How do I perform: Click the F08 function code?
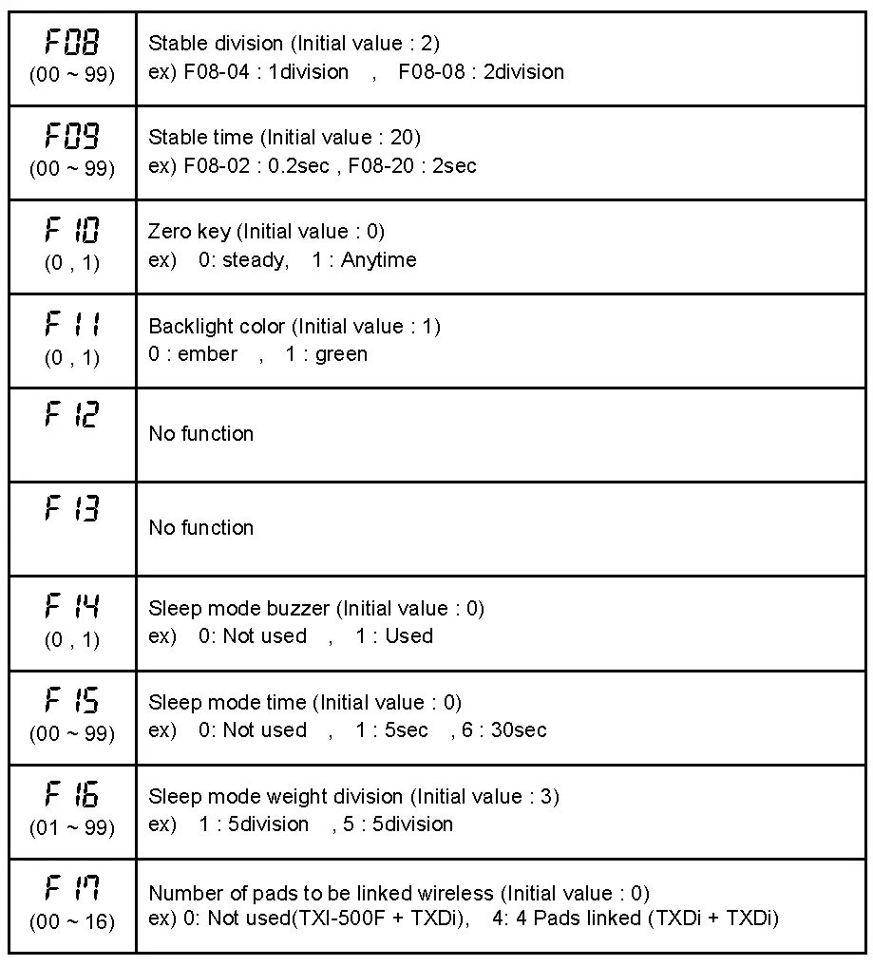[71, 43]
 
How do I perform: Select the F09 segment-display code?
[71, 137]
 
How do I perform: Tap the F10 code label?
[71, 231]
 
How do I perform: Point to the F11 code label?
[71, 325]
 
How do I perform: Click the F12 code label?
[71, 415]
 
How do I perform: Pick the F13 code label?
[71, 509]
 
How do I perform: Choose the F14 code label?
[71, 606]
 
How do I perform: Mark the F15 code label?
[71, 701]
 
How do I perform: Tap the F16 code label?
[71, 795]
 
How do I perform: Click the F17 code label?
[71, 889]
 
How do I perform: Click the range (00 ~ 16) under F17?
[71, 921]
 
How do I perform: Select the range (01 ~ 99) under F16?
[71, 827]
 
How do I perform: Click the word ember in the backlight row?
[207, 354]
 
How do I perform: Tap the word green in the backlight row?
[341, 354]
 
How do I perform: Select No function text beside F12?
[200, 434]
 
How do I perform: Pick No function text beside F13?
[200, 528]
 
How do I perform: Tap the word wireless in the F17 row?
[459, 894]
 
